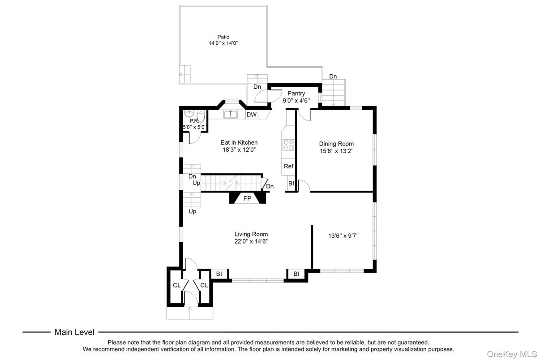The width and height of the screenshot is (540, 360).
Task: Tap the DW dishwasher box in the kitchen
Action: point(252,115)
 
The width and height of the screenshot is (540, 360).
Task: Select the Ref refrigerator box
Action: point(289,166)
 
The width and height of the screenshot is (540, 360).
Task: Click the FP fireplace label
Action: point(247,198)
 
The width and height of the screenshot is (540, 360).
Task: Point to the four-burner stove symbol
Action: point(289,145)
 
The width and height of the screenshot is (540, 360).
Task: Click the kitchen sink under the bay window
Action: point(231,115)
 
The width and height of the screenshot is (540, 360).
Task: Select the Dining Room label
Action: point(336,144)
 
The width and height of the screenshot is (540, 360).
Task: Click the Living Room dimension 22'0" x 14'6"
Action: point(251,241)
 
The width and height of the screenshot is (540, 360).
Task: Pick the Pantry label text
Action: point(296,93)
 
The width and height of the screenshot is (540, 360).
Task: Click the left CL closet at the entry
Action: point(176,285)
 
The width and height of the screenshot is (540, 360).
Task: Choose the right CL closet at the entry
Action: point(204,285)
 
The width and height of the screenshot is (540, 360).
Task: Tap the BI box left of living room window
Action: point(219,274)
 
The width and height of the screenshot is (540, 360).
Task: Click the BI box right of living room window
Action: point(296,274)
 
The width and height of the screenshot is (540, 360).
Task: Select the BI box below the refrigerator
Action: point(291,184)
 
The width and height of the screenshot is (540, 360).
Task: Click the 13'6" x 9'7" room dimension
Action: point(343,235)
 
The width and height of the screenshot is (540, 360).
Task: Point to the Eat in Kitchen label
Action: point(239,142)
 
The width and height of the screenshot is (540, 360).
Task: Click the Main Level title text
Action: point(74,332)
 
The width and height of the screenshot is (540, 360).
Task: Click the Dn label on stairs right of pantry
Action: point(333,77)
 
